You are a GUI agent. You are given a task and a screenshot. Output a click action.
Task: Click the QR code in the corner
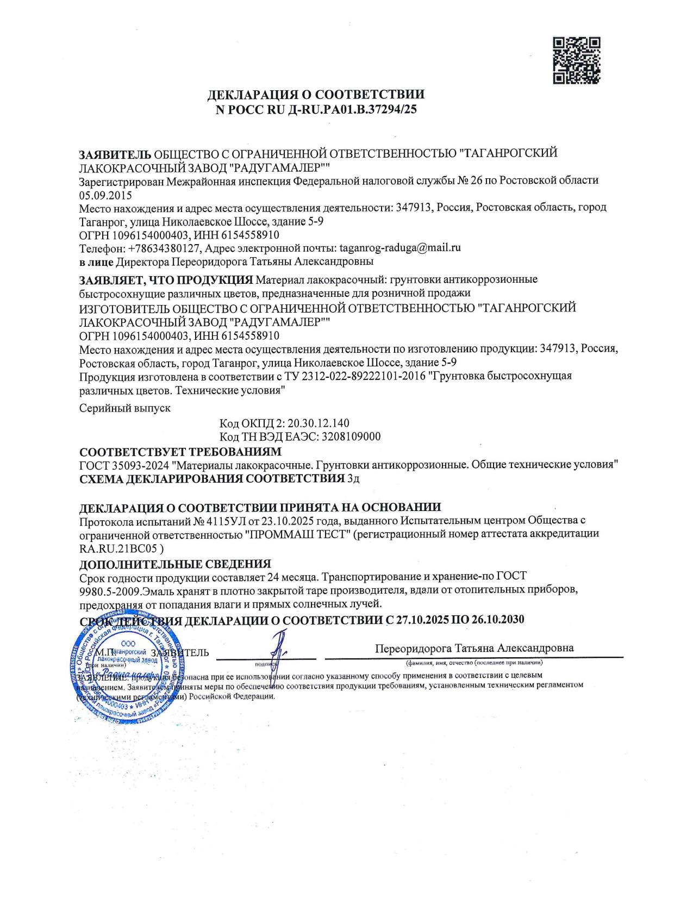(576, 60)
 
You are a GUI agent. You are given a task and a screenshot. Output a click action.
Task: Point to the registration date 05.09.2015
(105, 195)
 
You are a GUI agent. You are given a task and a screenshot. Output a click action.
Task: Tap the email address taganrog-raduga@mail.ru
(400, 248)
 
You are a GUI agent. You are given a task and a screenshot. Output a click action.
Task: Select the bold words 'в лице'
(96, 261)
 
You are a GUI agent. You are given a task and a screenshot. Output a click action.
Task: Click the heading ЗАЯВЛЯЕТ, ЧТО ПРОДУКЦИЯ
(166, 280)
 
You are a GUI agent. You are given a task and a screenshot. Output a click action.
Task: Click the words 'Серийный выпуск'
(125, 408)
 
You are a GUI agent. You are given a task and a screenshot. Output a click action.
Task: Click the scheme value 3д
(353, 479)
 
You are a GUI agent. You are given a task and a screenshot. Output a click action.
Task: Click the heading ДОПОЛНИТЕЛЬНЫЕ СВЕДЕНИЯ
(175, 564)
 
